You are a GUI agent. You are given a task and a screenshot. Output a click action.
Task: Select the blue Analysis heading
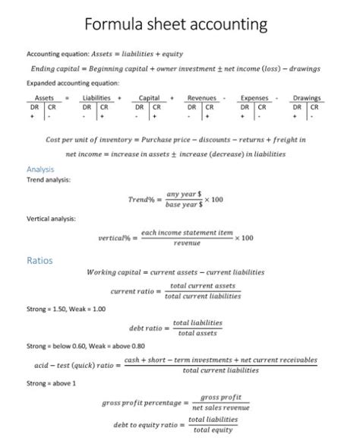[40, 169]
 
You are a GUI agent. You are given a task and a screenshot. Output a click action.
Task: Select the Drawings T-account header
[307, 98]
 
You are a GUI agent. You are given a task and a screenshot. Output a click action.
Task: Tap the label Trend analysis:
[49, 179]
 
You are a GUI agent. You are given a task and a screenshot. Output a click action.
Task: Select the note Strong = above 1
[52, 383]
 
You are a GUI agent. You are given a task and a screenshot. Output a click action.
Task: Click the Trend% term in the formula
[145, 199]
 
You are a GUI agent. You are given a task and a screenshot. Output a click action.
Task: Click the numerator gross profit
[221, 398]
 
